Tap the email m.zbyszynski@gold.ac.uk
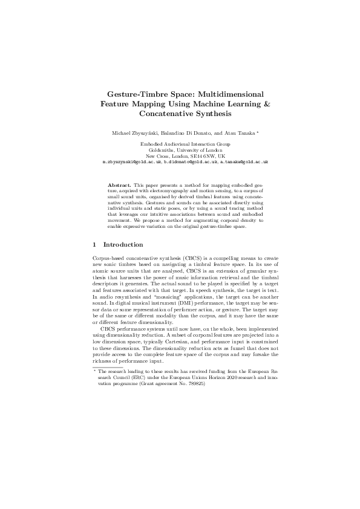coord(132,162)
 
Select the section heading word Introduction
coord(123,245)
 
